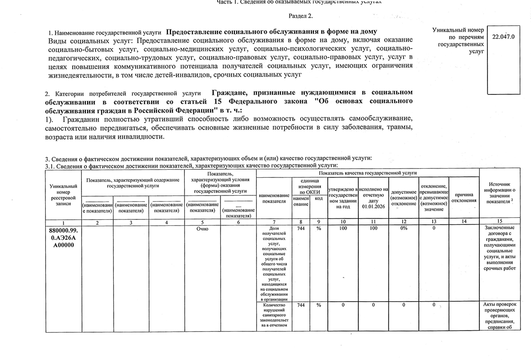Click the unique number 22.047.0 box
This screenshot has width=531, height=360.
click(503, 37)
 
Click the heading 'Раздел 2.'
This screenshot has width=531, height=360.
click(300, 16)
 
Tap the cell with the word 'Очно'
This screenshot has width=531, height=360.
click(202, 229)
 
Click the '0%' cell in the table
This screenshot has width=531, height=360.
click(404, 228)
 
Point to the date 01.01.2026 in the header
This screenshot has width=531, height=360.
click(373, 207)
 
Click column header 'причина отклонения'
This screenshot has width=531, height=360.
click(464, 197)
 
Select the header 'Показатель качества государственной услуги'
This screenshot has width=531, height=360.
click(368, 173)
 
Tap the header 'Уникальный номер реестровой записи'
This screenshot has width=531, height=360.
click(63, 195)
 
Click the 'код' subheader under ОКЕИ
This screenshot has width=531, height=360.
click(319, 199)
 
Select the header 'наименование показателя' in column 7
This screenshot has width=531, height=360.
click(274, 198)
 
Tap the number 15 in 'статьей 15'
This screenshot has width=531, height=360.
click(217, 102)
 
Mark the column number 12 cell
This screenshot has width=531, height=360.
click(404, 222)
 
